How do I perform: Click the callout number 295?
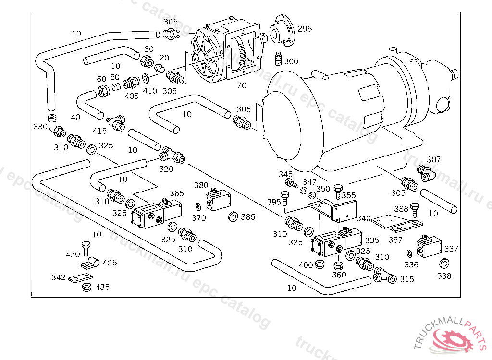pyautogui.click(x=305, y=29)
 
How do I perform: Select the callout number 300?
pyautogui.click(x=291, y=61)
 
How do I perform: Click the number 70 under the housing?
pyautogui.click(x=242, y=85)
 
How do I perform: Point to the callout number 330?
pyautogui.click(x=40, y=126)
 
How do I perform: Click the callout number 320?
pyautogui.click(x=166, y=169)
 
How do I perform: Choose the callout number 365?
pyautogui.click(x=177, y=193)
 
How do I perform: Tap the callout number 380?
pyautogui.click(x=201, y=185)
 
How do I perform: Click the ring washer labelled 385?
pyautogui.click(x=232, y=217)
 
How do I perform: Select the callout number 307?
pyautogui.click(x=434, y=160)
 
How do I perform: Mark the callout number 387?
pyautogui.click(x=395, y=240)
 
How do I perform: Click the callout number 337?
pyautogui.click(x=451, y=249)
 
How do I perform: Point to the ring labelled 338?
pyautogui.click(x=444, y=263)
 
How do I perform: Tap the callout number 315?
pyautogui.click(x=407, y=279)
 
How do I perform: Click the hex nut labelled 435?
pyautogui.click(x=86, y=287)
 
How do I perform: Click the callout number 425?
pyautogui.click(x=110, y=263)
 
